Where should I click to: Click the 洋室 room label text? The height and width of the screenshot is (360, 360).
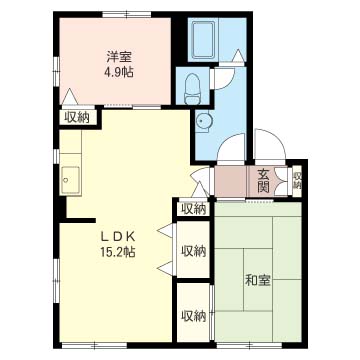[x=119, y=57]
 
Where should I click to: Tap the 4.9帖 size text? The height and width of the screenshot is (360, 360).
[x=119, y=72]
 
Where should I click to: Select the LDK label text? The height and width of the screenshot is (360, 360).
[x=118, y=237]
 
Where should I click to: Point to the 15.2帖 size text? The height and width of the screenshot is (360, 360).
[x=118, y=252]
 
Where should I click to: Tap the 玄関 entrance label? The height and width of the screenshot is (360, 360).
[x=263, y=181]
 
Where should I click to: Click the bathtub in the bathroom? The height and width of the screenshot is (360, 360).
[x=203, y=40]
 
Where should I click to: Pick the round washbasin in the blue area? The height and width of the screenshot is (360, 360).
[x=202, y=120]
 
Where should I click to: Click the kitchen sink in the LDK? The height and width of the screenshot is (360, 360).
[x=71, y=180]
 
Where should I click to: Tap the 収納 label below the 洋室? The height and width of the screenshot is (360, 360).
[x=77, y=118]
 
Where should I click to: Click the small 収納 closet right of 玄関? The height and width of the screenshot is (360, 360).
[x=297, y=181]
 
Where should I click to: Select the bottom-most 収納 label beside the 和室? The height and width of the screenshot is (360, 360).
[x=193, y=316]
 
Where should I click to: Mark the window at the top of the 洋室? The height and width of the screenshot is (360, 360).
[x=127, y=15]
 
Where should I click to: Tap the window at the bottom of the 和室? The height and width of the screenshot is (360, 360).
[x=249, y=345]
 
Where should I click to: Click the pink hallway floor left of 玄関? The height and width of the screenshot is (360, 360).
[x=231, y=181]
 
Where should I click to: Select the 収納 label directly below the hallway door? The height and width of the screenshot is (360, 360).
[x=193, y=209]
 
